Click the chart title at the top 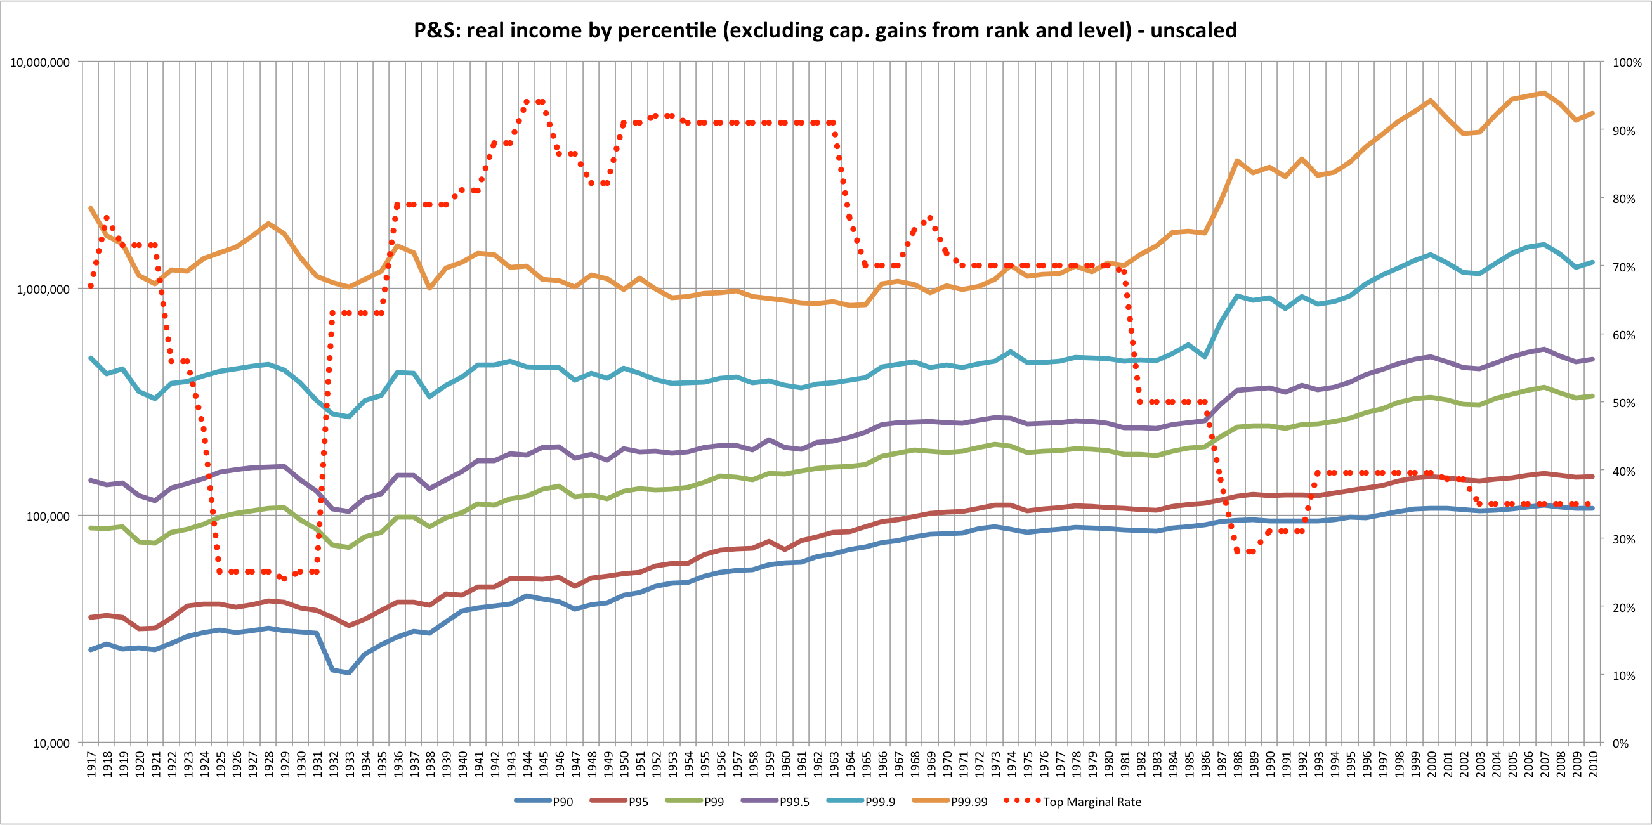coord(825,30)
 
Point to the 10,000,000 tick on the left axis coord(40,63)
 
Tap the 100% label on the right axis coord(1627,63)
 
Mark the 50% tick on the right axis coord(1625,403)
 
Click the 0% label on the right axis coord(1620,744)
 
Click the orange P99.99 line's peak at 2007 coord(1544,93)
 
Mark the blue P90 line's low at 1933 coord(349,672)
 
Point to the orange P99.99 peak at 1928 coord(268,223)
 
